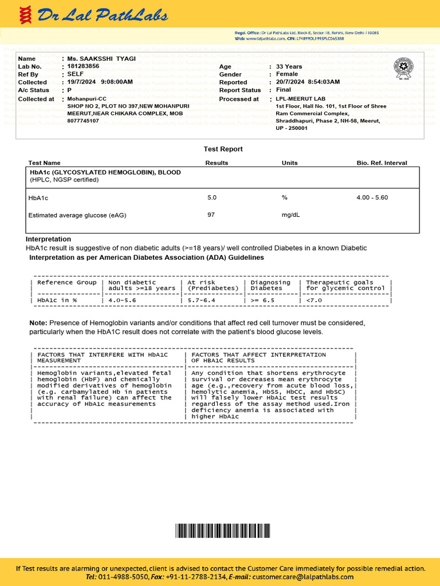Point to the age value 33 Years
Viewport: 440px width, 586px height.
(x=289, y=67)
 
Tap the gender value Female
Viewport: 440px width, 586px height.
(x=287, y=74)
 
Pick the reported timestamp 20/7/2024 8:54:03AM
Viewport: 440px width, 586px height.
(x=308, y=82)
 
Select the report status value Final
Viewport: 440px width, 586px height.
(x=284, y=90)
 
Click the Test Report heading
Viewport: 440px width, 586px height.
(x=223, y=149)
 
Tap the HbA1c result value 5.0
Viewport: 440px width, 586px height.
(x=212, y=197)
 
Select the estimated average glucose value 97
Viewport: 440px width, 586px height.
(x=211, y=215)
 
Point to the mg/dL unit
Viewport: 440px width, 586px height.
(x=290, y=215)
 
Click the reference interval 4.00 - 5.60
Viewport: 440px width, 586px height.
(x=372, y=197)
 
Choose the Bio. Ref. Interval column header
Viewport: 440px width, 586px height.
(x=382, y=163)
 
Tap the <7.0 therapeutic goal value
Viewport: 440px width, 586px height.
(x=315, y=300)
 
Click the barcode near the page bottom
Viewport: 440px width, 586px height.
(x=219, y=530)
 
